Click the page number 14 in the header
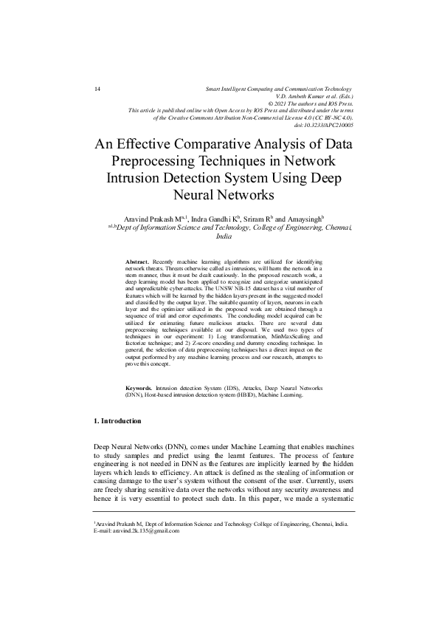(x=97, y=89)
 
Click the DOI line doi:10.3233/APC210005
(x=323, y=126)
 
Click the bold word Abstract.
(x=137, y=262)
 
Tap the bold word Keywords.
(x=139, y=387)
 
